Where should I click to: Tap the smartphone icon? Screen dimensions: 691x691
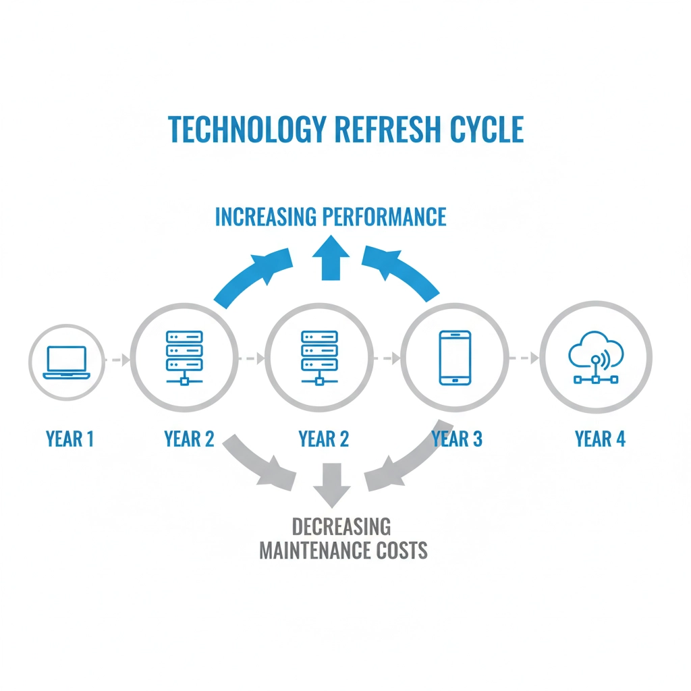coord(454,358)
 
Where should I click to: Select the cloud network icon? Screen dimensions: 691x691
coord(596,359)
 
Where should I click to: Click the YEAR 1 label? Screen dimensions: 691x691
coord(70,439)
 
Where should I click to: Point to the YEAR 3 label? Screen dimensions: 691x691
coord(457,439)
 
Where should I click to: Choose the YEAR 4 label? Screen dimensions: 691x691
coord(600,439)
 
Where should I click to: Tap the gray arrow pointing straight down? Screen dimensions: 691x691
coord(331,484)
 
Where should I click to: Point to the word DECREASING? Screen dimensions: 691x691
coord(341,527)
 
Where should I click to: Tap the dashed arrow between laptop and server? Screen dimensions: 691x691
coord(117,360)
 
